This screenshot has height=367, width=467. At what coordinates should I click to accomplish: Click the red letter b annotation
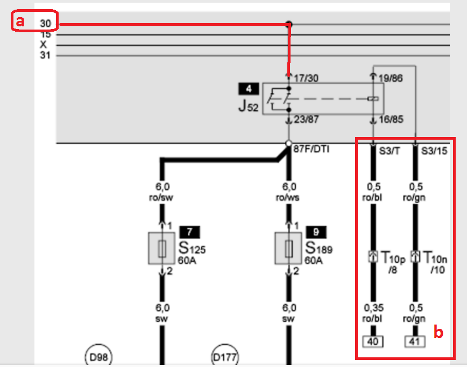coord(438,333)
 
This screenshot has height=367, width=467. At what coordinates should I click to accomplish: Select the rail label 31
coord(44,55)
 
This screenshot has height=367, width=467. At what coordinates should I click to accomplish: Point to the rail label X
coord(44,45)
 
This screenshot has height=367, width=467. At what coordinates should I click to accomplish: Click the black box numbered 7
coord(190,232)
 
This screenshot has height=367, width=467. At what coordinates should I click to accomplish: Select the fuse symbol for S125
coord(161,248)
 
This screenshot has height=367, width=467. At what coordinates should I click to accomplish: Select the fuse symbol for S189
coord(288,248)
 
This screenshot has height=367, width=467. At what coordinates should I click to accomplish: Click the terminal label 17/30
coord(306,78)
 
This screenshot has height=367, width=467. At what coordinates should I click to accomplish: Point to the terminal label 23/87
coord(306,119)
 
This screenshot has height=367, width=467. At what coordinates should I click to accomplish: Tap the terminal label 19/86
coord(391,78)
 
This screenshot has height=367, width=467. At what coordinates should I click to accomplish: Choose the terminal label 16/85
coord(391,119)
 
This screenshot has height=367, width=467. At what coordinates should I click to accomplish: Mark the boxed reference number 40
coord(372,341)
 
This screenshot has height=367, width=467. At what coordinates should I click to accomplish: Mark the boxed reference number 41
coord(415,341)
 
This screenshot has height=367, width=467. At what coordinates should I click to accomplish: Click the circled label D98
coord(97,357)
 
